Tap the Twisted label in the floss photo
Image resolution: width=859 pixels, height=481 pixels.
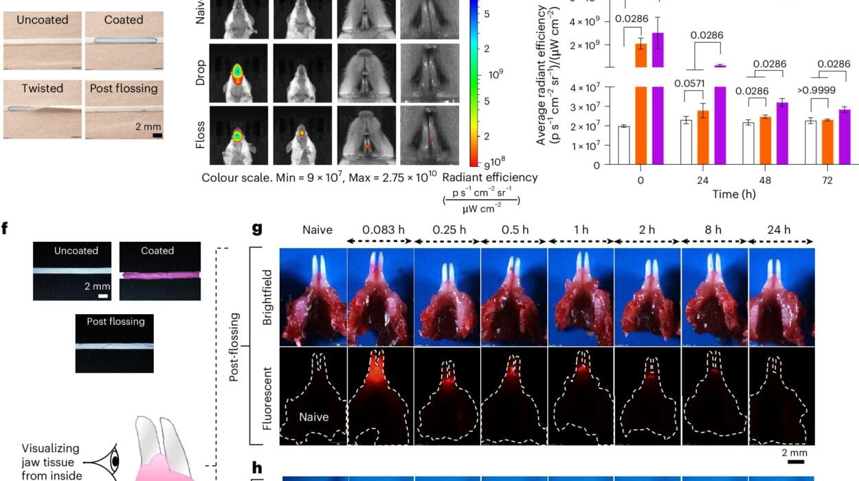(x=42, y=88)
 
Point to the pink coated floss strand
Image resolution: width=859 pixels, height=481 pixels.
(x=160, y=276)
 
